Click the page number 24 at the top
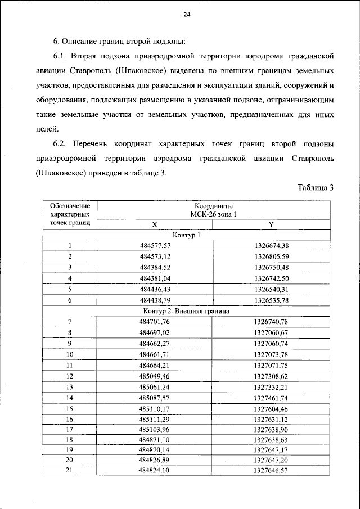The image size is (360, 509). point(187,16)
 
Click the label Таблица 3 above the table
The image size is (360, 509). point(316,187)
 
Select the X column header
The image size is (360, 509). point(154,224)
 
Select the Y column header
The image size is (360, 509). point(271,224)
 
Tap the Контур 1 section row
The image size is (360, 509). point(187,235)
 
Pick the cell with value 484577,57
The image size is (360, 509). point(154,245)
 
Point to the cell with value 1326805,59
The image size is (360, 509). point(271,256)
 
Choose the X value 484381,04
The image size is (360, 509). point(154,278)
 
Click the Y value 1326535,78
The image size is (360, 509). point(271,300)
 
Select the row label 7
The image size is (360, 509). point(70,321)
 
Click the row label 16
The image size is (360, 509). point(70,419)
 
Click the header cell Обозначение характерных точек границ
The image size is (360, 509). point(70,214)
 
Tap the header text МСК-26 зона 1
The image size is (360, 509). point(214,214)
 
